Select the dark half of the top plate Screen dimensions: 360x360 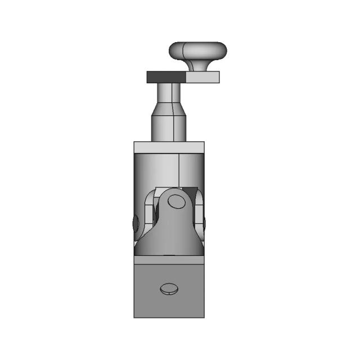166,77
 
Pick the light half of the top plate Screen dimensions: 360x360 202,77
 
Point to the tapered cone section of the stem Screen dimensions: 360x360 169,108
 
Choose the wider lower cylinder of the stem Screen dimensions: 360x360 169,128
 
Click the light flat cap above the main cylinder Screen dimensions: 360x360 169,147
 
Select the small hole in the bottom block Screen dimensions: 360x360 169,289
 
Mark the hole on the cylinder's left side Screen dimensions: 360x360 135,223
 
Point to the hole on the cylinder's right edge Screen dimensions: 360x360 203,223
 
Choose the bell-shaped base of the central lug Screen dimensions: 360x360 169,239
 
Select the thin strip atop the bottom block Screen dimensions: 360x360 169,262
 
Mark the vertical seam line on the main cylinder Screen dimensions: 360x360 179,169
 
